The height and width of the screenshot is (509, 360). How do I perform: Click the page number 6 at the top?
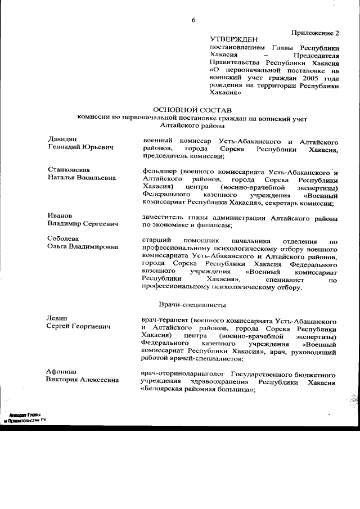[x=193, y=20]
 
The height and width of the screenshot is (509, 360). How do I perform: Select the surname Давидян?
[x=62, y=138]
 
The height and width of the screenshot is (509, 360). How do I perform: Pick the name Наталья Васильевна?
[x=82, y=178]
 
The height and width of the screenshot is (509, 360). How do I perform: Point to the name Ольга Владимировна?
[x=83, y=246]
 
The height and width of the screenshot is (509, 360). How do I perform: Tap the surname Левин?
[x=58, y=318]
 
